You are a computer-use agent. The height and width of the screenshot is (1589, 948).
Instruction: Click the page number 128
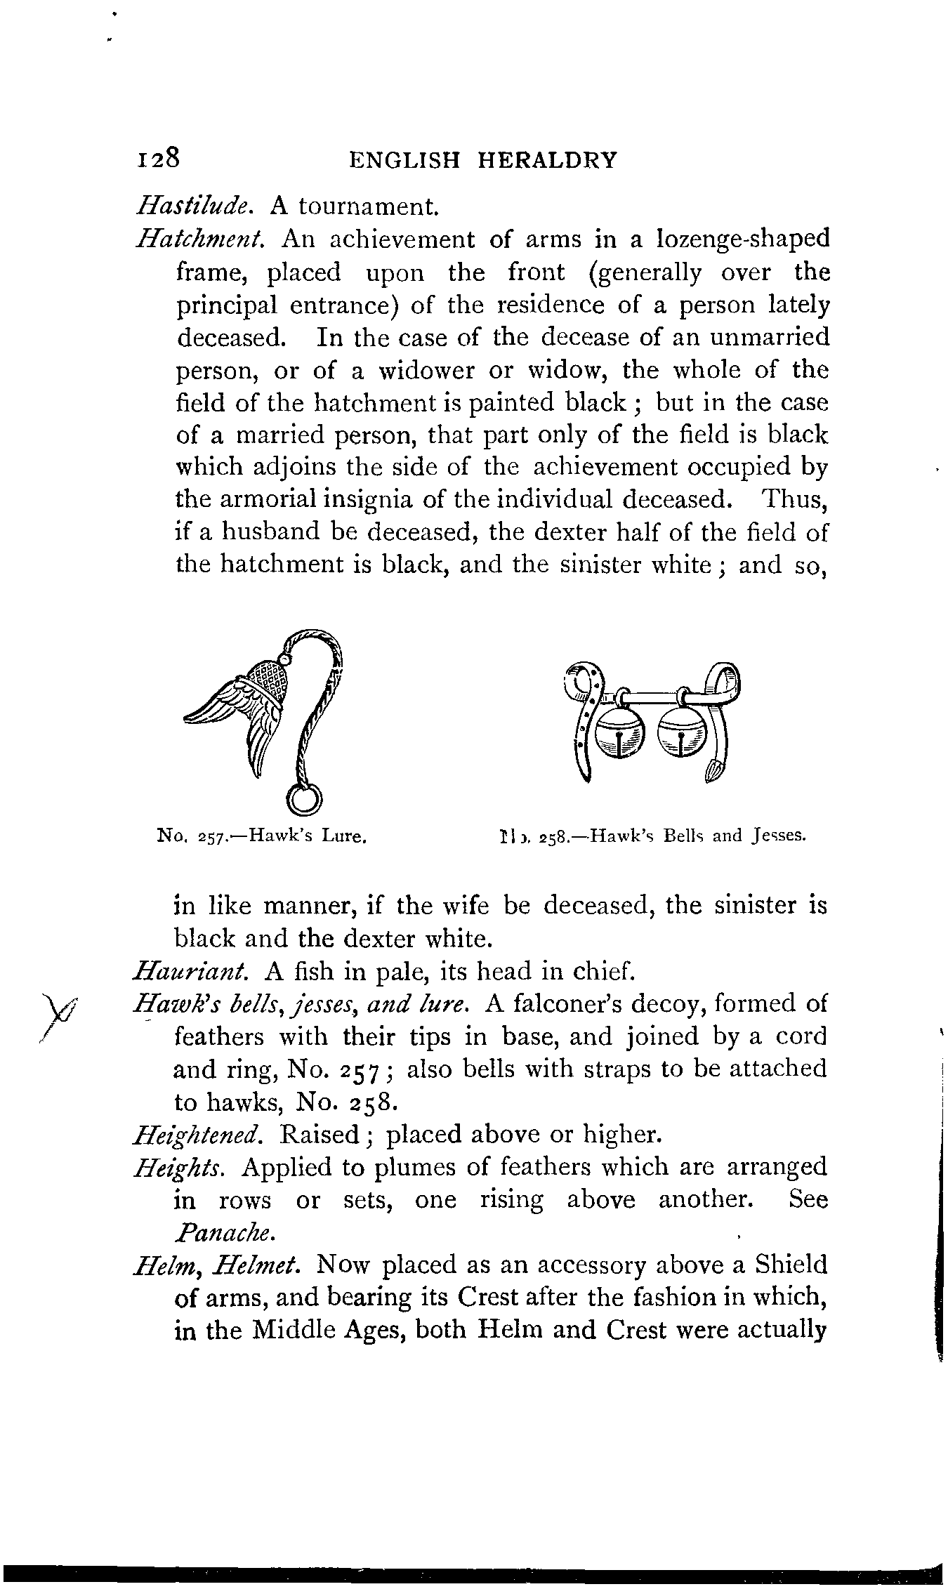(159, 158)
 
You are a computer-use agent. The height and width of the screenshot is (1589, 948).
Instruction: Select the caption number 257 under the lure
(211, 837)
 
